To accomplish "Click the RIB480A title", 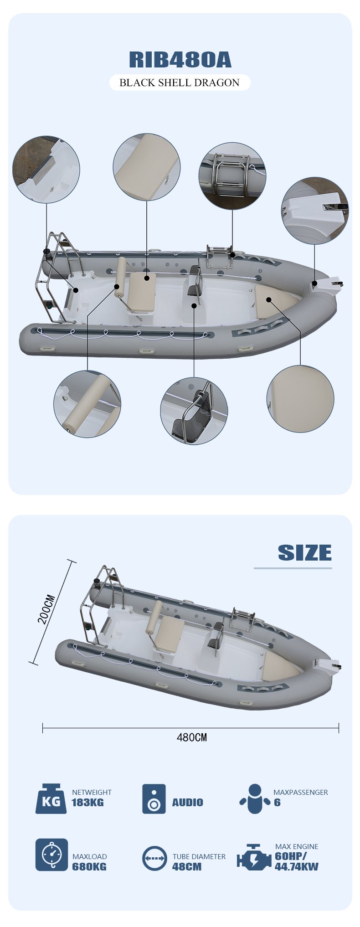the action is (180, 60).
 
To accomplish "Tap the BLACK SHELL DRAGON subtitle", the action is (180, 82).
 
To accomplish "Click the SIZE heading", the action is (305, 553).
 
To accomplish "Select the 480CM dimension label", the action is (192, 737).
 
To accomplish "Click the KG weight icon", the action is (51, 799).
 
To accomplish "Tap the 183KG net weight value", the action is (87, 803).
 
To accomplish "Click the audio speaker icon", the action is (154, 799).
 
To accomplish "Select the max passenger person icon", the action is (255, 799).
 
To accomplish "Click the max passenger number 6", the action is (277, 803).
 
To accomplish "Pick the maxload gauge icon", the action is (51, 855).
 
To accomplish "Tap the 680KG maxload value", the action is (89, 866).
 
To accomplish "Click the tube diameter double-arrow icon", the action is (154, 858).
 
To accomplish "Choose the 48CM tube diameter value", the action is (187, 866).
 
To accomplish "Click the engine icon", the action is (254, 857).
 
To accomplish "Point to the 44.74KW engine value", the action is (297, 866).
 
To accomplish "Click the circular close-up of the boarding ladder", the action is (232, 176).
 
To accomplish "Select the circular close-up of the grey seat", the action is (194, 411).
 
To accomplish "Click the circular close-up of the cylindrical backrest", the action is (87, 404).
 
